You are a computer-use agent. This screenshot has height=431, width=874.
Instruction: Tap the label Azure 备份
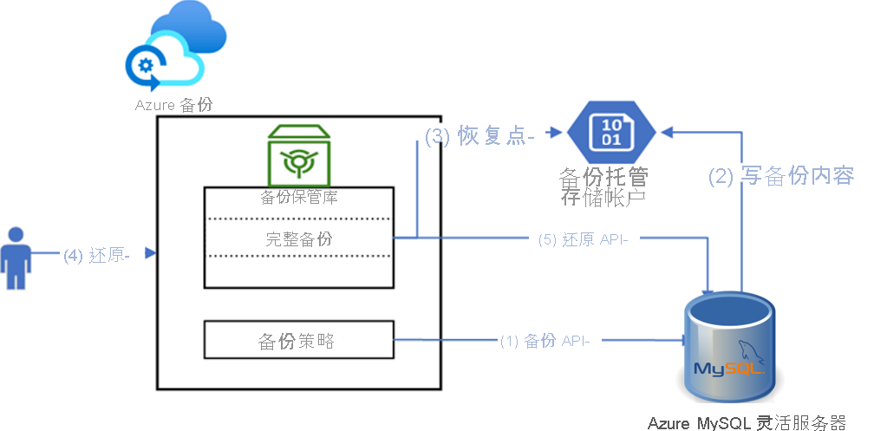click(x=173, y=105)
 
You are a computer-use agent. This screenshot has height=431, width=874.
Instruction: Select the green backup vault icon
click(x=297, y=153)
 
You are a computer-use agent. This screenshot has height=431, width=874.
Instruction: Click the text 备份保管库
click(x=299, y=197)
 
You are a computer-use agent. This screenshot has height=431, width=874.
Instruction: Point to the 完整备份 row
click(x=298, y=238)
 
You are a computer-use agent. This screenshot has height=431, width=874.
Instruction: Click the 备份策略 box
click(x=298, y=340)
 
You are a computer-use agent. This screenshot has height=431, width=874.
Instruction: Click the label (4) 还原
click(x=96, y=255)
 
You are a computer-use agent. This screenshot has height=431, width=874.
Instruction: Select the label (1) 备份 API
click(x=545, y=341)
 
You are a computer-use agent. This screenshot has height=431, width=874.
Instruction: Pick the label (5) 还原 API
click(x=583, y=240)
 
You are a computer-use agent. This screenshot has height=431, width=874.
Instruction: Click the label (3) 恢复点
click(x=479, y=136)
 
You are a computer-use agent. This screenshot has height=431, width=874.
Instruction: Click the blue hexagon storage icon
click(x=612, y=132)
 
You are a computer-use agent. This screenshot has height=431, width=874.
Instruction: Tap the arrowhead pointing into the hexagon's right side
click(x=668, y=132)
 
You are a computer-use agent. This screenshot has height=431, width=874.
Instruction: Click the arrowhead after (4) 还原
click(x=151, y=254)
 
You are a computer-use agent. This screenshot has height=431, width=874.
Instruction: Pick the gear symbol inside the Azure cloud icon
click(x=145, y=66)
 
